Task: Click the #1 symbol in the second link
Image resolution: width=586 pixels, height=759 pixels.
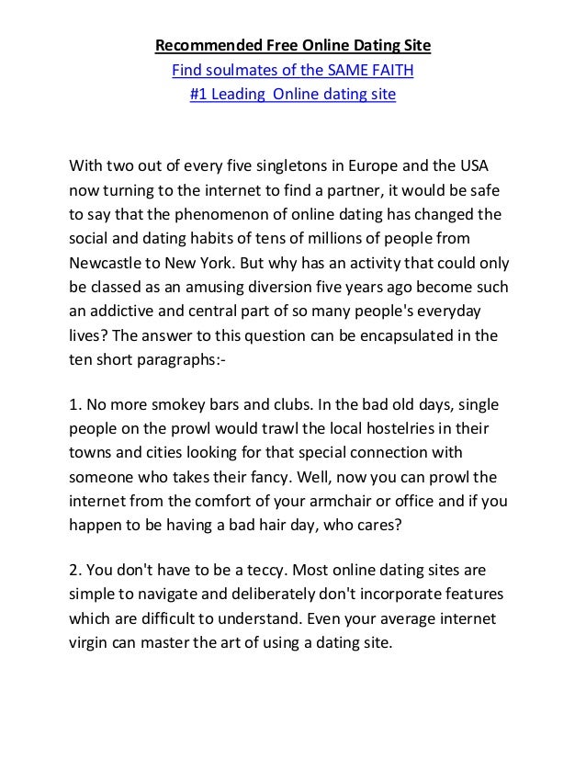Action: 197,94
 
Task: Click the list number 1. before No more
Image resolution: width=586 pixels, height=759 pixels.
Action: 76,405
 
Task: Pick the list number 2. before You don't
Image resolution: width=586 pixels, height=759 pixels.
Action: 76,571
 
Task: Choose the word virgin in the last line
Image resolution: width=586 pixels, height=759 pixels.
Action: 96,642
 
